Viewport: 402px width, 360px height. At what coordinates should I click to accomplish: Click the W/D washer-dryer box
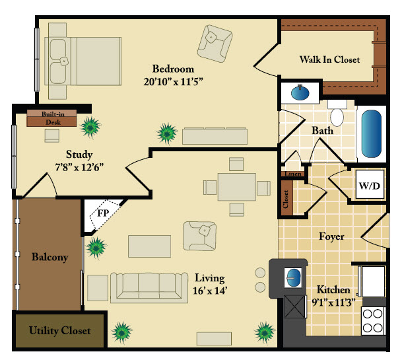pos(370,185)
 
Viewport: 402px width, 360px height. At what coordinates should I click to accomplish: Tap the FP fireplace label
pos(103,213)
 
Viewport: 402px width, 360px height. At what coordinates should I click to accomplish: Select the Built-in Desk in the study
pos(51,118)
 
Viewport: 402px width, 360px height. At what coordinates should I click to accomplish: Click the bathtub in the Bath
pos(371,133)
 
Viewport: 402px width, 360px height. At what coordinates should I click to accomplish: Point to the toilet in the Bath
pos(337,113)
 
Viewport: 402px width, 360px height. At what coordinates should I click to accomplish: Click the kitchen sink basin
pos(293,278)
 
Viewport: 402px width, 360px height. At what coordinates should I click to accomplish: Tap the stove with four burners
pos(373,321)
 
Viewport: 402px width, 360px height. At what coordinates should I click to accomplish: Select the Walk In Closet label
pos(329,59)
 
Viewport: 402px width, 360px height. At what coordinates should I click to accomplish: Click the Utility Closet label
pos(59,330)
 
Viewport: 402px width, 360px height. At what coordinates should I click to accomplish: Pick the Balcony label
pos(50,257)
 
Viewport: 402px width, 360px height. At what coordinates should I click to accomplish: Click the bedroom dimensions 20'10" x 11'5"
pos(173,82)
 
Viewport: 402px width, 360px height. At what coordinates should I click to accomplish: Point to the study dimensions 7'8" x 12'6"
pos(79,167)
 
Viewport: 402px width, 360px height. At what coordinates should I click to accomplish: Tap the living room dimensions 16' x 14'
pos(210,291)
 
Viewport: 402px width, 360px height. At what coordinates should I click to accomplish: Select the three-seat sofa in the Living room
pos(149,287)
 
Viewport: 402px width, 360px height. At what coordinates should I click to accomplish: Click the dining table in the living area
pos(236,187)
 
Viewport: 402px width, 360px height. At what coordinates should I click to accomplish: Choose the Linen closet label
pos(293,174)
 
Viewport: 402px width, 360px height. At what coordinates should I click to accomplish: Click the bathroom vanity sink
pos(300,92)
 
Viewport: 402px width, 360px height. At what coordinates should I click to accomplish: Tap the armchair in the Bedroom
pos(215,44)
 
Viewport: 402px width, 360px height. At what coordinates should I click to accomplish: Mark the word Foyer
pos(331,236)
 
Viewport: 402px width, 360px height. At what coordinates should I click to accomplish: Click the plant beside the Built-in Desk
pos(90,127)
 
